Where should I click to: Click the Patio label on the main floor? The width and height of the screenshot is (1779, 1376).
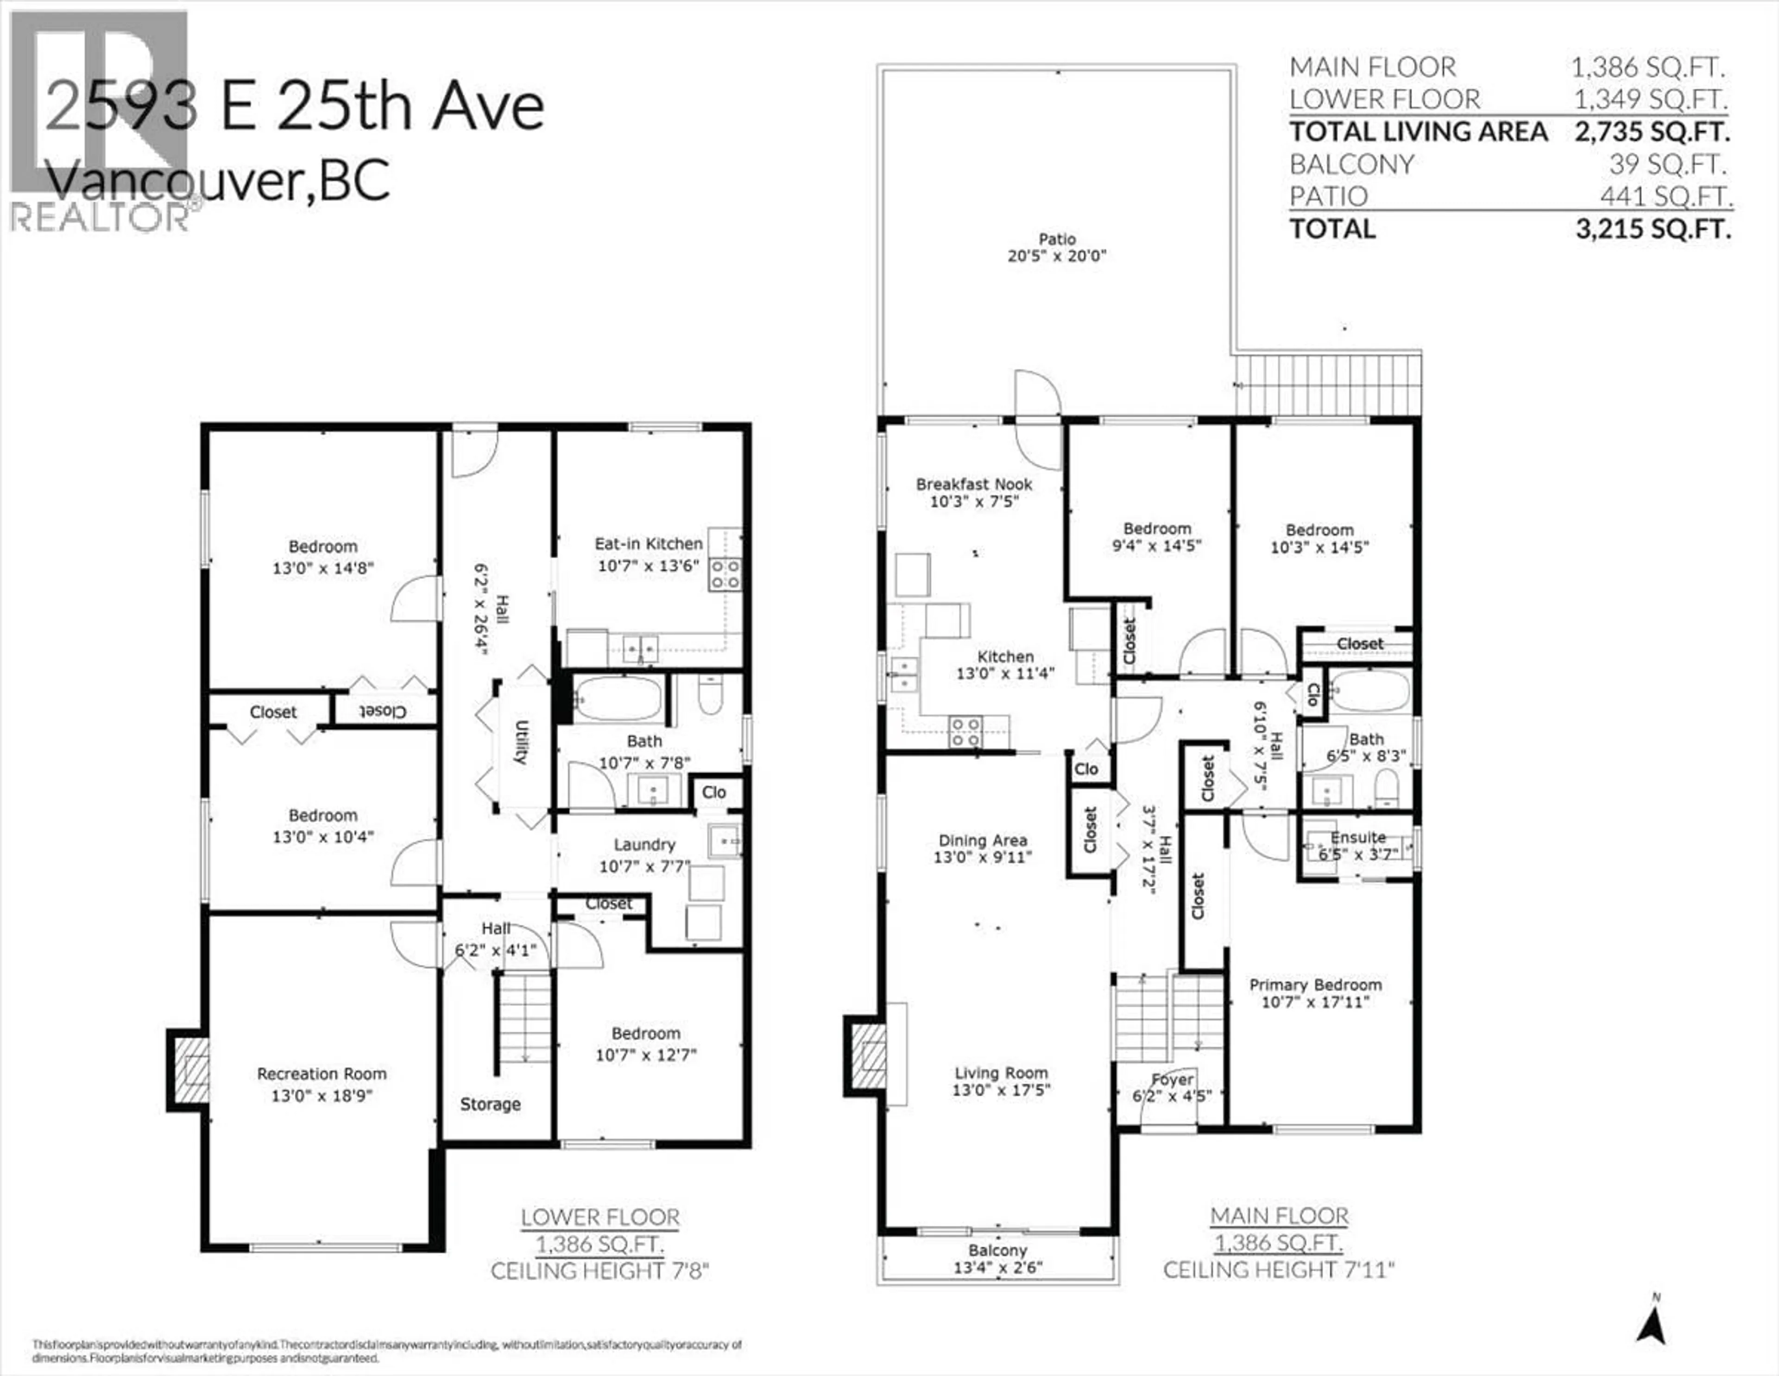pyautogui.click(x=1056, y=239)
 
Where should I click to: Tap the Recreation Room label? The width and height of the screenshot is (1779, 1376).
pyautogui.click(x=322, y=1074)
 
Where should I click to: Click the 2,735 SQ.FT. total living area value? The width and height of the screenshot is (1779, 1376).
pyautogui.click(x=1652, y=131)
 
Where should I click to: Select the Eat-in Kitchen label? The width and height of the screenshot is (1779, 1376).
pyautogui.click(x=649, y=543)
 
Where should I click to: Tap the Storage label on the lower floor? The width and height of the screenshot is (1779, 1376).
pyautogui.click(x=490, y=1104)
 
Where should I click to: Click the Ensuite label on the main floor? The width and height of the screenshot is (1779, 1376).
pyautogui.click(x=1358, y=837)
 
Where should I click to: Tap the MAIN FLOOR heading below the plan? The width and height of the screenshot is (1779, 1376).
pyautogui.click(x=1279, y=1216)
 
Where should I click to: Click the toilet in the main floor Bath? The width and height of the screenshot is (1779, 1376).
pyautogui.click(x=1387, y=787)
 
